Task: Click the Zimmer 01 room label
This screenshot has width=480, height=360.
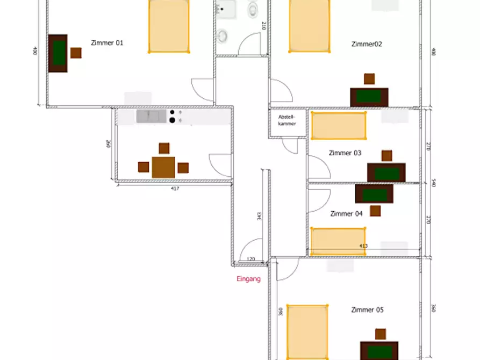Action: [107, 43]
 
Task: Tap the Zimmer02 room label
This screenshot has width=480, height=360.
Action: [367, 44]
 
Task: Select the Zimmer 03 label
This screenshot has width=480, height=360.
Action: [345, 153]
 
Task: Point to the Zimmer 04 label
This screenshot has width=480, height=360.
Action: [346, 214]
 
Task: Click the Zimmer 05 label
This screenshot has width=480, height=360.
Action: [367, 310]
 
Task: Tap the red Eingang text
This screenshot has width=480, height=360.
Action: [248, 279]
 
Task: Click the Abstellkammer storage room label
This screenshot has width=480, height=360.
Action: [287, 120]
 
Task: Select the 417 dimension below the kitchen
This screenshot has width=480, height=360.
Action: [175, 189]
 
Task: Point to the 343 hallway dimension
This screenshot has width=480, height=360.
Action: [259, 217]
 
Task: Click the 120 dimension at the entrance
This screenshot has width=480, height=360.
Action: [250, 259]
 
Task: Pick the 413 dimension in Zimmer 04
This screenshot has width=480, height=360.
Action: [363, 246]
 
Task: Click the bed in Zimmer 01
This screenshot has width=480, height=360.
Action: [169, 26]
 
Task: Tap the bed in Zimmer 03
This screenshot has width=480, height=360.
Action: [339, 126]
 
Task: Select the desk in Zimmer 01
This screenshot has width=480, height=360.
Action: [58, 53]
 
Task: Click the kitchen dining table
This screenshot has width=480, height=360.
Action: [163, 167]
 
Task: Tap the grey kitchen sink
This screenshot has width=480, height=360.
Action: [151, 116]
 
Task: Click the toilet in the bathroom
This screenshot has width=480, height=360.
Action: [253, 10]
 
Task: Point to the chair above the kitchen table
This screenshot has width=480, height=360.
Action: [164, 148]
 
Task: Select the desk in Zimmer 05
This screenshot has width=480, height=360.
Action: [379, 351]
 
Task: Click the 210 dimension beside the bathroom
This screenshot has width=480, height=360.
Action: [264, 26]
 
